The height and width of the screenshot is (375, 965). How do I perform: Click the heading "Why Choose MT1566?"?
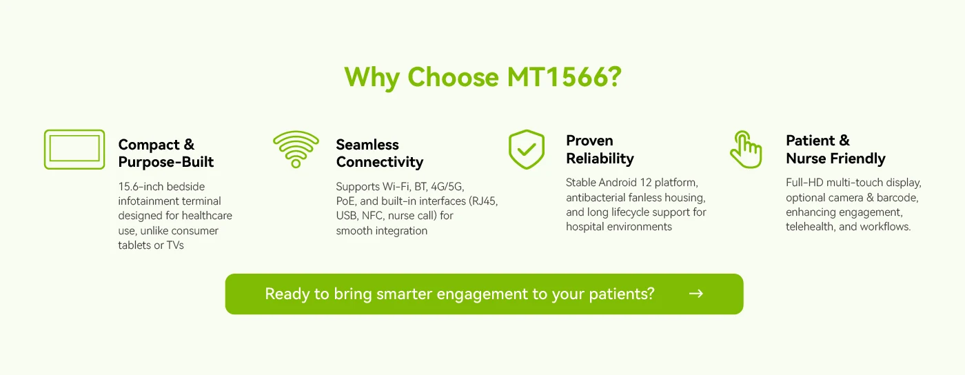point(482,77)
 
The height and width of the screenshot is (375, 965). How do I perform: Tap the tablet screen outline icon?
point(74,149)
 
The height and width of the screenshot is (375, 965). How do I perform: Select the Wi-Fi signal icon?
point(296,149)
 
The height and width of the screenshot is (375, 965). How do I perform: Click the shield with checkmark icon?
point(527,149)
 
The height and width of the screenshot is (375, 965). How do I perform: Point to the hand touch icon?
point(746,149)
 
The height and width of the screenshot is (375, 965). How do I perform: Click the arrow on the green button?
point(696,294)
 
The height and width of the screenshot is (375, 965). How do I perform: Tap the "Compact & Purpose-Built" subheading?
point(166,153)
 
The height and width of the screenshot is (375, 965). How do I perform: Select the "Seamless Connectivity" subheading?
point(379,153)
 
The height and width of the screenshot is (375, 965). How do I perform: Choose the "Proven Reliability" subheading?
point(600,150)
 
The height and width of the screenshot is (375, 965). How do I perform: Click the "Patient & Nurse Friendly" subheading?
point(835,150)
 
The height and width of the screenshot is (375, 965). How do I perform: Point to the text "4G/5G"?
point(447,187)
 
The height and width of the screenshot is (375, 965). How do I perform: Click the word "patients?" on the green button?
point(621,294)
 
